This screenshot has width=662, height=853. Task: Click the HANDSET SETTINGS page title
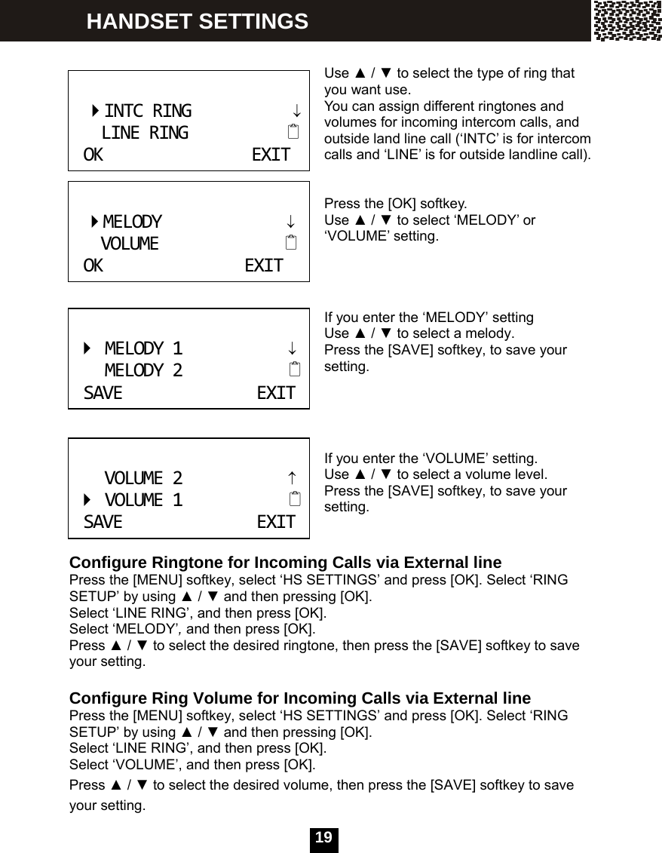197,21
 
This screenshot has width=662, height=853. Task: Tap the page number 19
323,839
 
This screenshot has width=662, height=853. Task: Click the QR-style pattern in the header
627,20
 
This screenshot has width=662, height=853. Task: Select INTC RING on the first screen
148,112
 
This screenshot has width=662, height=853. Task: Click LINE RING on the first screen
145,133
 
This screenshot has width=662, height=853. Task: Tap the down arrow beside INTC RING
297,112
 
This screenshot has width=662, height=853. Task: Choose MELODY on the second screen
132,222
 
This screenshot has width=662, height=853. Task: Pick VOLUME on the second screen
130,244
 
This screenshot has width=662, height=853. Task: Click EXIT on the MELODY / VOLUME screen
264,265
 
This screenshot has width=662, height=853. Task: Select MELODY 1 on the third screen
143,348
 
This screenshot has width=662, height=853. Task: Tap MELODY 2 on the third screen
143,370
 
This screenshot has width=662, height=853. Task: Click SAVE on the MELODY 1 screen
103,393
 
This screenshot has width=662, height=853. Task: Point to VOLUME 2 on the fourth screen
143,478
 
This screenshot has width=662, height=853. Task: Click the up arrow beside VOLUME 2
291,478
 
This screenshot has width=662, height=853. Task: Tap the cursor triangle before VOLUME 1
87,500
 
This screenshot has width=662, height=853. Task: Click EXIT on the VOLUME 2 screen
276,522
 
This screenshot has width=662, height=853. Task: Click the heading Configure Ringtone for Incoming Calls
285,563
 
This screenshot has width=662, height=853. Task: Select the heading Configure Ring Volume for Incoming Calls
300,698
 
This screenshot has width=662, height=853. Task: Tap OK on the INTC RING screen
93,155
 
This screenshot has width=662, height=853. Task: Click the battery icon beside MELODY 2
293,370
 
